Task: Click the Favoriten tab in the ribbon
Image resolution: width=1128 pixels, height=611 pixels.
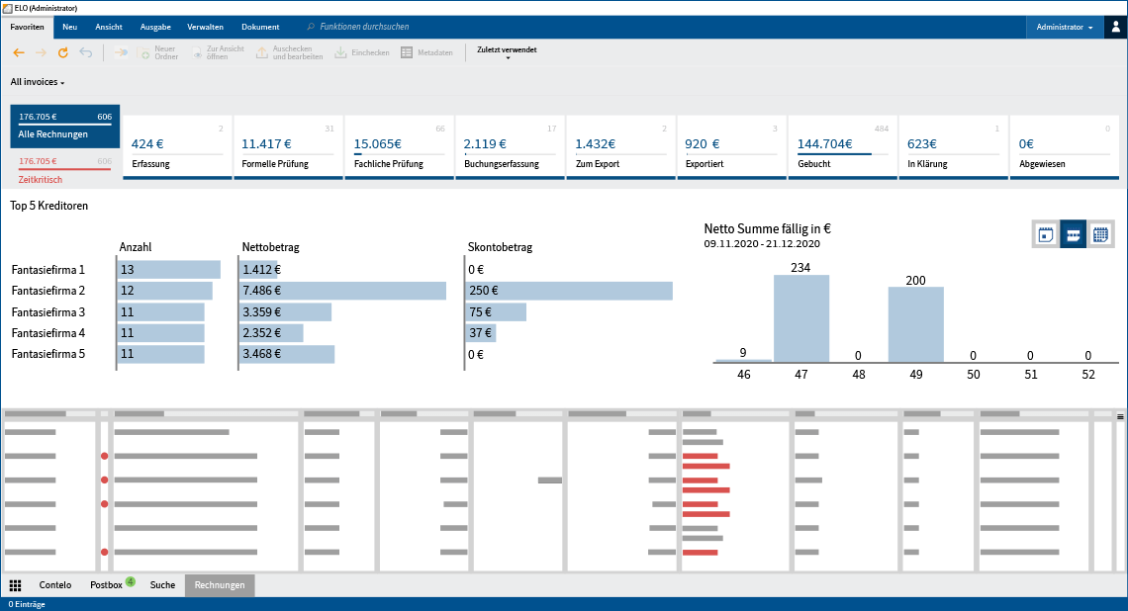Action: pyautogui.click(x=27, y=27)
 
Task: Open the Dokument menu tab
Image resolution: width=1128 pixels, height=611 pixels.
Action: pyautogui.click(x=260, y=27)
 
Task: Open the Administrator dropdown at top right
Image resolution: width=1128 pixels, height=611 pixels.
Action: pyautogui.click(x=1064, y=27)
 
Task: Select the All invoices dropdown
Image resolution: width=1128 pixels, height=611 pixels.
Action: pyautogui.click(x=38, y=82)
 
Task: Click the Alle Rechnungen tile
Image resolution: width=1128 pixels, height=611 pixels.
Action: pyautogui.click(x=64, y=126)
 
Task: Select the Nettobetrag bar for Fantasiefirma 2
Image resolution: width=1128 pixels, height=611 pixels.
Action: pyautogui.click(x=342, y=291)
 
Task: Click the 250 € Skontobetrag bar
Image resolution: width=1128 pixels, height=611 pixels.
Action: pyautogui.click(x=569, y=291)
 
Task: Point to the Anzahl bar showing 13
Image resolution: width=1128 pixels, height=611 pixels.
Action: pyautogui.click(x=168, y=269)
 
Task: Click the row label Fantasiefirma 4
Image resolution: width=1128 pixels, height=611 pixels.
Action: pyautogui.click(x=47, y=333)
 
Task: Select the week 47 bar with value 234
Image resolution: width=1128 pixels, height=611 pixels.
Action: pyautogui.click(x=801, y=318)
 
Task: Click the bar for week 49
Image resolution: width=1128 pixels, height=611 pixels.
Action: pyautogui.click(x=915, y=324)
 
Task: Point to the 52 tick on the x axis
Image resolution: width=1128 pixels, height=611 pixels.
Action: pyautogui.click(x=1087, y=375)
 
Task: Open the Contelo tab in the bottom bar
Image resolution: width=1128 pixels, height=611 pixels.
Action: pyautogui.click(x=54, y=585)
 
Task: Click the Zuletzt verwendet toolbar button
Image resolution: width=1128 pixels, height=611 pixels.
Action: pyautogui.click(x=507, y=52)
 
